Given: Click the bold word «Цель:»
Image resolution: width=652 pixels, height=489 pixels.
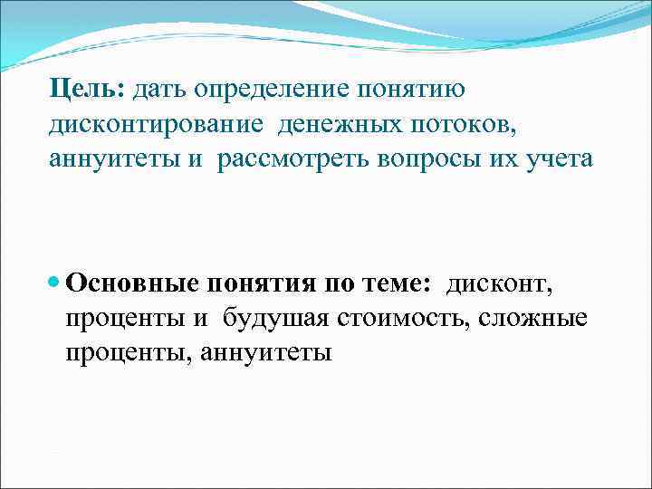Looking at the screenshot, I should [88, 90].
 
